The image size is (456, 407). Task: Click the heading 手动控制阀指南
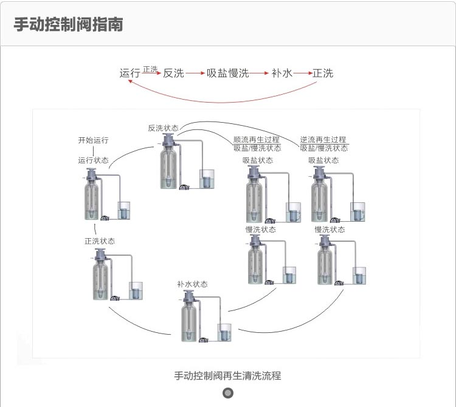(x=68, y=24)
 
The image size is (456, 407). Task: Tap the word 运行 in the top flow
(x=130, y=74)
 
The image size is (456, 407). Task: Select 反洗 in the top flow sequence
(x=173, y=74)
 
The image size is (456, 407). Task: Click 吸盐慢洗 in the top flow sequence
(x=227, y=74)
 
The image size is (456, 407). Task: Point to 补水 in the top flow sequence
(x=282, y=74)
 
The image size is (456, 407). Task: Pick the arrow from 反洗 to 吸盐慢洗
(x=195, y=74)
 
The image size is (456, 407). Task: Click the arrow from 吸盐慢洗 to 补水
(x=260, y=74)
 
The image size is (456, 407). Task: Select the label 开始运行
(x=93, y=140)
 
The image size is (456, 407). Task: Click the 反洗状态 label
(x=163, y=128)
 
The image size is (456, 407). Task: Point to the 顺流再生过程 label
(x=257, y=140)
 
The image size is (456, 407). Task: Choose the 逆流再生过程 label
(x=323, y=140)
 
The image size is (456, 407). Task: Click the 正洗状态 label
(x=100, y=241)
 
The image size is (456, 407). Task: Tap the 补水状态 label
(x=192, y=284)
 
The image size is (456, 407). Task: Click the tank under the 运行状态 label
(x=92, y=200)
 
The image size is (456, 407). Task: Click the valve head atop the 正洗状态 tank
(x=100, y=253)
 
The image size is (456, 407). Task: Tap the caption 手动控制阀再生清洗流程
(x=227, y=376)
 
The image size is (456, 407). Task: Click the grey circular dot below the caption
(x=228, y=393)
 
